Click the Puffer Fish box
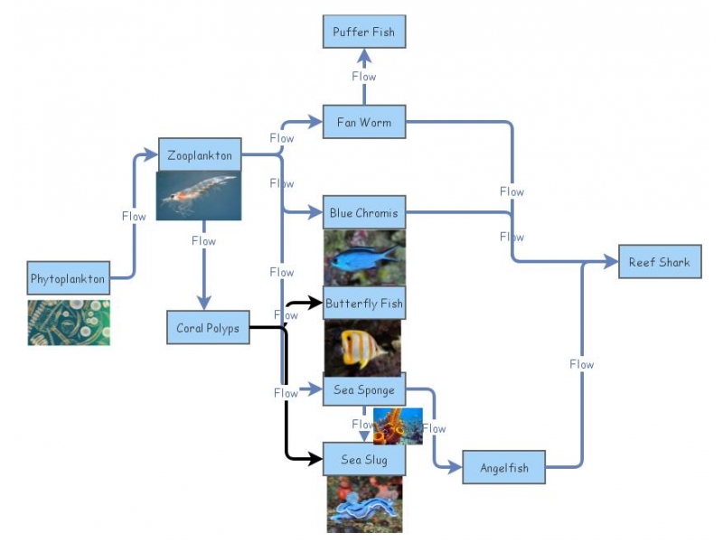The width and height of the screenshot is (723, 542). click(x=363, y=32)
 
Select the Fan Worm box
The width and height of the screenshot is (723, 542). click(x=363, y=122)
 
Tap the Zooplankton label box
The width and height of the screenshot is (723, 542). click(x=199, y=155)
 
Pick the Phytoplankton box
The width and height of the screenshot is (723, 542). click(x=68, y=278)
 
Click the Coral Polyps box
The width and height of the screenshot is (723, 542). click(x=208, y=328)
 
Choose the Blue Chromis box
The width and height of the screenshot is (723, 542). click(x=363, y=212)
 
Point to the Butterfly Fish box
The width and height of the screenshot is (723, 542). click(x=363, y=304)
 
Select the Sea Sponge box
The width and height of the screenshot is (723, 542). click(x=363, y=389)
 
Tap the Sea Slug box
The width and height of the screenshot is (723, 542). click(x=363, y=460)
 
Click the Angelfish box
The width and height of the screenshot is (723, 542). click(x=504, y=468)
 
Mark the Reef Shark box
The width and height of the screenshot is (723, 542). click(x=659, y=262)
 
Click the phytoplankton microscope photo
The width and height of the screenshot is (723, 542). click(x=69, y=322)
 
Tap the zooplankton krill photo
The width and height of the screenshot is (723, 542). click(x=199, y=196)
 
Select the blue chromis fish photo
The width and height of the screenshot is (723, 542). click(x=363, y=257)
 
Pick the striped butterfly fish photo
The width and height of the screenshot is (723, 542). click(x=363, y=348)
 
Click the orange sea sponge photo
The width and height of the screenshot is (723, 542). click(x=398, y=426)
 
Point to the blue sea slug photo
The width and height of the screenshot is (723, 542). click(x=363, y=504)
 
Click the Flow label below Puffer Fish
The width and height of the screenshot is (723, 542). click(x=363, y=77)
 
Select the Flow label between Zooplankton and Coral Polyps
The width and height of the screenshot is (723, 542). click(x=203, y=241)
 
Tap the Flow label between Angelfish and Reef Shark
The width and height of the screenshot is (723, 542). click(x=581, y=364)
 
